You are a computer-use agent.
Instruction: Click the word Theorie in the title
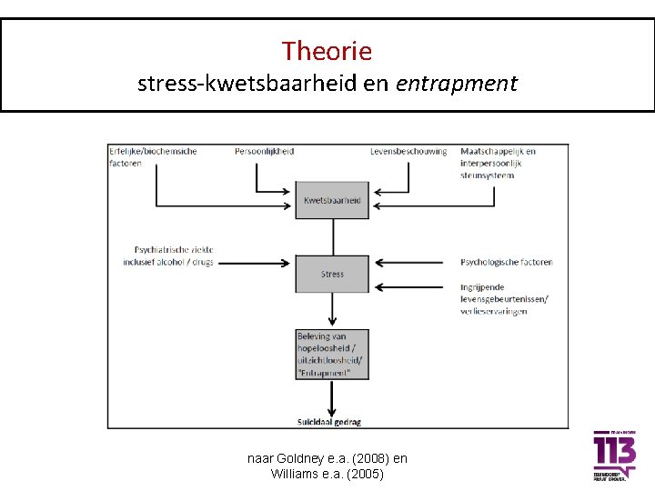click(327, 51)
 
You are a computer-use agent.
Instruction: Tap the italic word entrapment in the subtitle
click(457, 85)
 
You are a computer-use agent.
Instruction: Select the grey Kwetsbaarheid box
click(332, 200)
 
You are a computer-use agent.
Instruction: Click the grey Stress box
click(332, 274)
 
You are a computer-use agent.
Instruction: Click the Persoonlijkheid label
click(264, 151)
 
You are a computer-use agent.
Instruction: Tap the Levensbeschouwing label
click(408, 151)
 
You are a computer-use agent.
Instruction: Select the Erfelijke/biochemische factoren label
click(153, 156)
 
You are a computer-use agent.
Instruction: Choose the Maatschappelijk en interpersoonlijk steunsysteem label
click(498, 163)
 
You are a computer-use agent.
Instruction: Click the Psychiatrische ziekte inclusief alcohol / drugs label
click(174, 256)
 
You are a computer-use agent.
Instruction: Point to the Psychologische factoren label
click(507, 262)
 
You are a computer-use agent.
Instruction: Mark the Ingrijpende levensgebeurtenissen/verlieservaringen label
click(505, 299)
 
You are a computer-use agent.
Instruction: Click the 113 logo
click(614, 455)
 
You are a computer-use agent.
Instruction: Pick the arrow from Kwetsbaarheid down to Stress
click(332, 236)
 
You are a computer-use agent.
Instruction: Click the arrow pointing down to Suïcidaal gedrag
click(332, 397)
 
